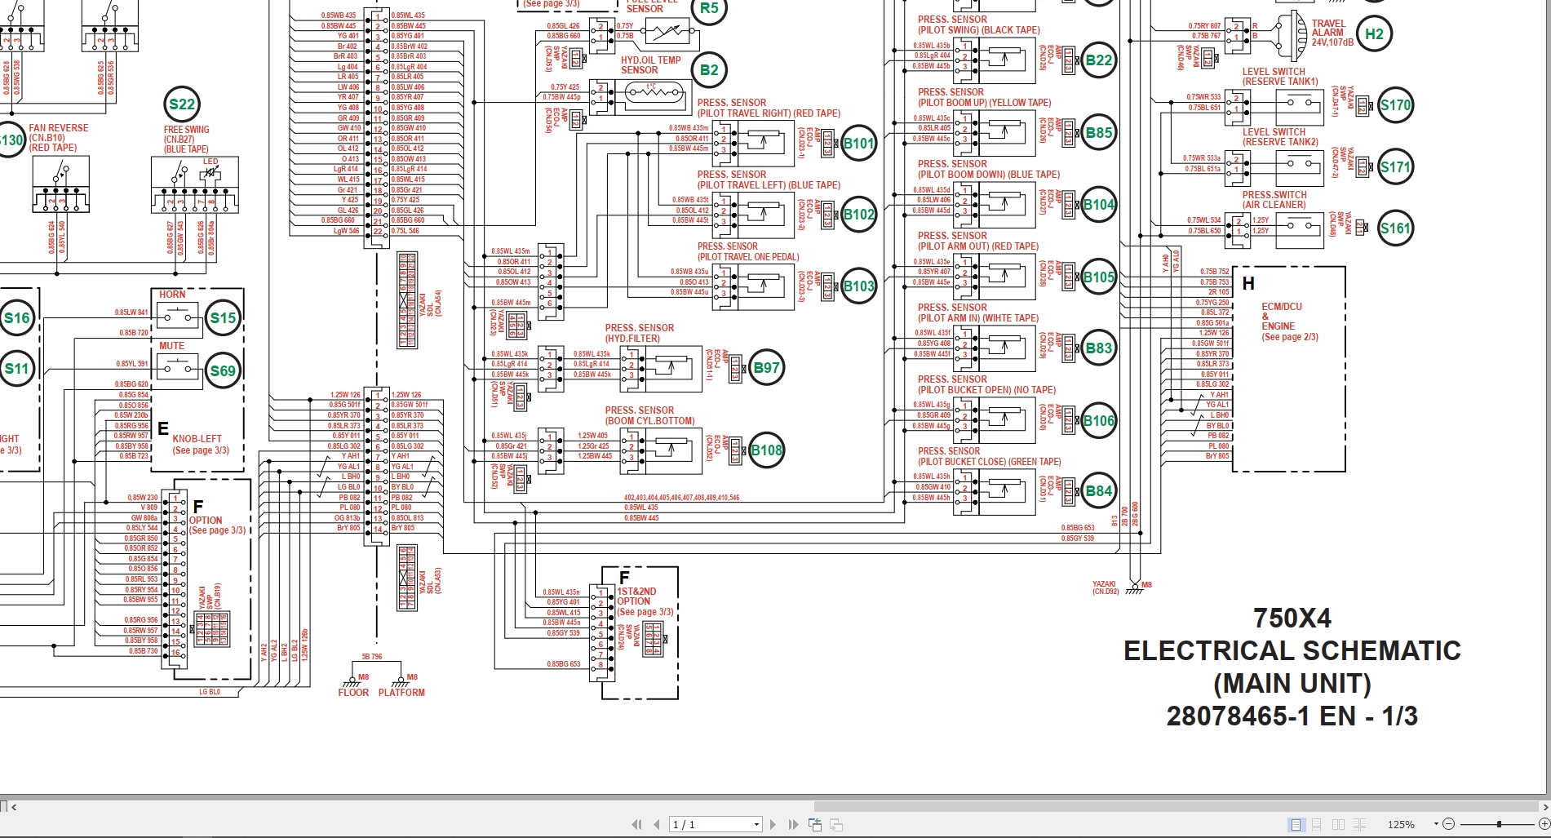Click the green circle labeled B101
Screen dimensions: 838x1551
coord(858,144)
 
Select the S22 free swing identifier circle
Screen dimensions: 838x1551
coord(182,104)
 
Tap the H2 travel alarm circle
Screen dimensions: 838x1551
coord(1374,34)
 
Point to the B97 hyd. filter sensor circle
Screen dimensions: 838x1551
coord(766,368)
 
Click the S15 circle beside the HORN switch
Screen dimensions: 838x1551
coord(223,318)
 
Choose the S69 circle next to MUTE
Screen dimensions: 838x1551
coord(223,371)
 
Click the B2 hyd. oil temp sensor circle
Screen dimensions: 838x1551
coord(709,70)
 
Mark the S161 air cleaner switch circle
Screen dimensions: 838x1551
coord(1395,228)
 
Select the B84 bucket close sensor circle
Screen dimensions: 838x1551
coord(1098,491)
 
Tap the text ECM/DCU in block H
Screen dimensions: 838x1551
coord(1282,307)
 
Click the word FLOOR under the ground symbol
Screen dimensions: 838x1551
coord(353,693)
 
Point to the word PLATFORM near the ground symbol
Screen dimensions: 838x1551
coord(401,693)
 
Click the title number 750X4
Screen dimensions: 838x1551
coord(1292,619)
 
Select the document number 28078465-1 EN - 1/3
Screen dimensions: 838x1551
coord(1292,716)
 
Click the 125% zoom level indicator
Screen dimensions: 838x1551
coord(1401,825)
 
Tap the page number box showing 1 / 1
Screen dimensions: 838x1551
coord(714,825)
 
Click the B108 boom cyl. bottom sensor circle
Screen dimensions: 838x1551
coord(766,450)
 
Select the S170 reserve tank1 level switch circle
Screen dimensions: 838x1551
coord(1395,105)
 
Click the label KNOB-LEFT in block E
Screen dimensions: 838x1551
coord(197,439)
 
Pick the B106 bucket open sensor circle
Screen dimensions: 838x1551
coord(1098,421)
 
